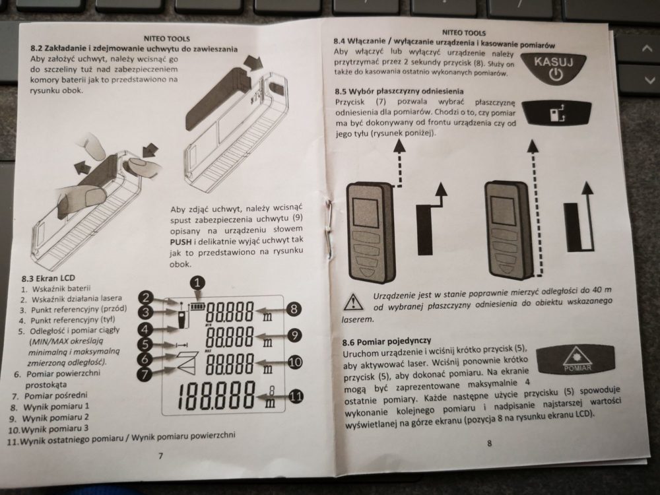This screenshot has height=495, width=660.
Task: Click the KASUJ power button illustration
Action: pos(554,69)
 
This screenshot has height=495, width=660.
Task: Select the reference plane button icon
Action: pos(556,113)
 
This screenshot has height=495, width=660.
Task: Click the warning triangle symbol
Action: pos(354,302)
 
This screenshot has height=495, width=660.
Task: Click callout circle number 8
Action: pos(294,310)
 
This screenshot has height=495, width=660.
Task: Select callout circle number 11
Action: pos(296,397)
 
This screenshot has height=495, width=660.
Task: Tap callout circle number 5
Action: pos(145,345)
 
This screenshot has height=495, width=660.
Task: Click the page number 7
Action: pos(160,455)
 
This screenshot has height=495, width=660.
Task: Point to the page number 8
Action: pos(489,444)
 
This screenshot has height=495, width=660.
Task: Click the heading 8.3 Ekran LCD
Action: pos(48,279)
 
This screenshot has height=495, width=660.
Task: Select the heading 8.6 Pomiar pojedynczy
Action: pos(387,342)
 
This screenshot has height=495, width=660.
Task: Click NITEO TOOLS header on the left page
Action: pos(167,39)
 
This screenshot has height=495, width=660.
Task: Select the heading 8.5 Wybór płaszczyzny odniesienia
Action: pos(399,91)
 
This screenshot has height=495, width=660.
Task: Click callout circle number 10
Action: pos(295,362)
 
